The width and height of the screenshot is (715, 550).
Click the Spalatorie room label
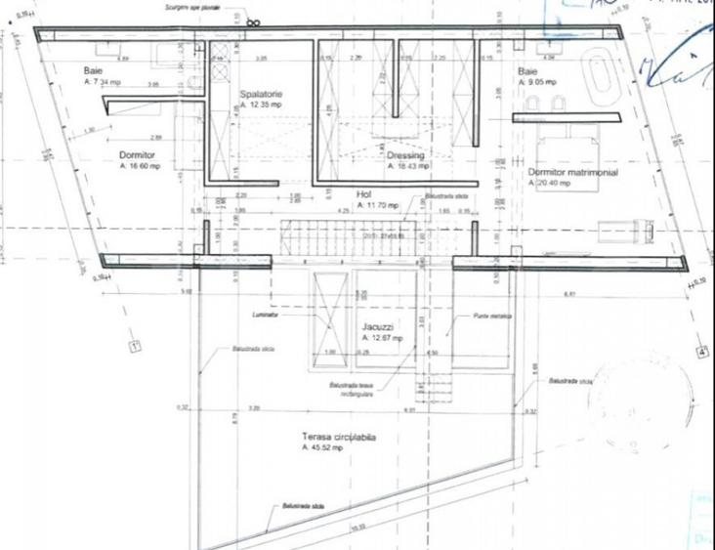pyautogui.click(x=262, y=94)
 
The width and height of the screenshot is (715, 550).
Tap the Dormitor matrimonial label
pyautogui.click(x=572, y=172)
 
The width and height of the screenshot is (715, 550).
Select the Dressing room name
pyautogui.click(x=405, y=155)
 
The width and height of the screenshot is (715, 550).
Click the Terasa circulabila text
pyautogui.click(x=339, y=438)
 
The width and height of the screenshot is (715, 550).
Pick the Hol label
pyautogui.click(x=364, y=194)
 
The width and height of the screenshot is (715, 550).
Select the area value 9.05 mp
pyautogui.click(x=534, y=83)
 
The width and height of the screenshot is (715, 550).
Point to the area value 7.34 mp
pyautogui.click(x=105, y=83)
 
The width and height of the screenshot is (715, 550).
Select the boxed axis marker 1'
pyautogui.click(x=136, y=345)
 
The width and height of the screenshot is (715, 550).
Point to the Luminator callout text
pyautogui.click(x=264, y=316)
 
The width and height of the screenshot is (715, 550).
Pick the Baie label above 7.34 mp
pyautogui.click(x=94, y=71)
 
